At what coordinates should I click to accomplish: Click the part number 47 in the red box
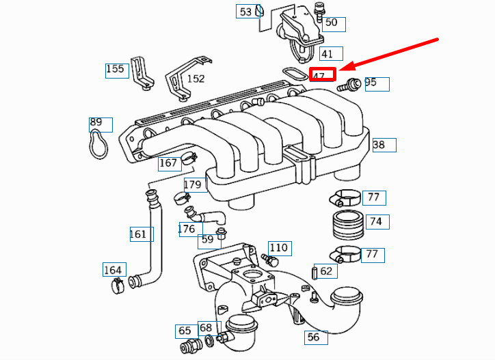[319, 76]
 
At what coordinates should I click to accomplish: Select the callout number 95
[371, 83]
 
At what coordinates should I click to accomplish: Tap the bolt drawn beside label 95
[352, 85]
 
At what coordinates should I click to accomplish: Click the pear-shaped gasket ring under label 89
[100, 143]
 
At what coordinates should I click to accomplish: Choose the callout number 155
[115, 69]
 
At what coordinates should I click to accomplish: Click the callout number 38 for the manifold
[379, 144]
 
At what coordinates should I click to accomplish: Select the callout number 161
[138, 234]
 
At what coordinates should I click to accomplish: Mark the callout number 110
[278, 247]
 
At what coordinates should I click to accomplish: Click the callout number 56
[313, 337]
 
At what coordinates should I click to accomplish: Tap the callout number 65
[185, 331]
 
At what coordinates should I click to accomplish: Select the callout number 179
[193, 184]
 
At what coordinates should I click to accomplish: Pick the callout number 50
[331, 23]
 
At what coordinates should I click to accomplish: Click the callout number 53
[245, 12]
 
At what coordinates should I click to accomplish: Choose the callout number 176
[187, 229]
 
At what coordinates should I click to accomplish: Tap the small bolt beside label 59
[221, 237]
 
